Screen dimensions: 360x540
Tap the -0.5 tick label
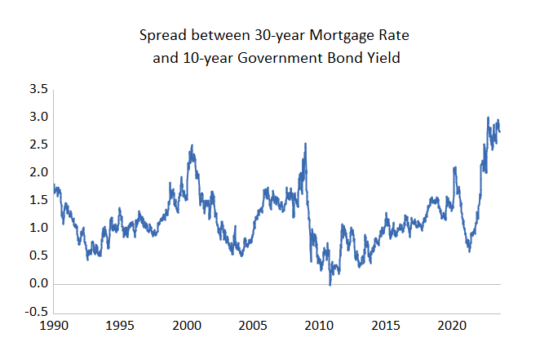tap(35, 313)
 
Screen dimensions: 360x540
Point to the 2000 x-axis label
tap(187, 326)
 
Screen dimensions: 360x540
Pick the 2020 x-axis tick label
tap(453, 326)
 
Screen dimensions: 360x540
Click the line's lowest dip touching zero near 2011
tap(330, 284)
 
